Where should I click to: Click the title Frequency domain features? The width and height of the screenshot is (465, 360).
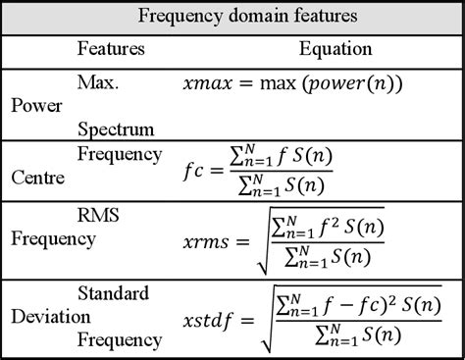(x=232, y=17)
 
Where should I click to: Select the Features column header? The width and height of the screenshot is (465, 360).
(x=111, y=47)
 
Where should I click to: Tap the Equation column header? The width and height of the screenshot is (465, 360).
(x=336, y=47)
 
